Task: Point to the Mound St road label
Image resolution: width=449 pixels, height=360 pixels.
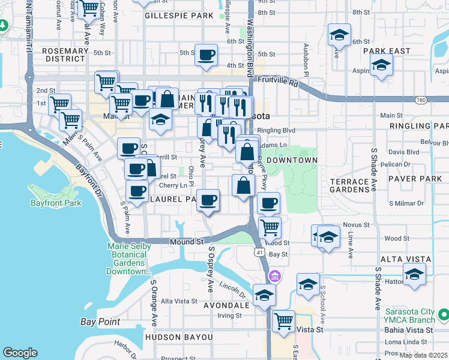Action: click(x=187, y=242)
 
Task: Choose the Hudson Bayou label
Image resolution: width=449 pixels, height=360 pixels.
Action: click(x=179, y=337)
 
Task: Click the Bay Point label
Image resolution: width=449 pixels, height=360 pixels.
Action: click(x=100, y=322)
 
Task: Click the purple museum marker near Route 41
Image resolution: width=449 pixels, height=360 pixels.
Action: click(x=275, y=276)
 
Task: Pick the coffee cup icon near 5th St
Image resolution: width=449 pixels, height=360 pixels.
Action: click(x=206, y=55)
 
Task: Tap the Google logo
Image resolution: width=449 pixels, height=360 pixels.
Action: click(x=20, y=353)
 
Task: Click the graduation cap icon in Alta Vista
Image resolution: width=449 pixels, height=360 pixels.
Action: click(x=414, y=274)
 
